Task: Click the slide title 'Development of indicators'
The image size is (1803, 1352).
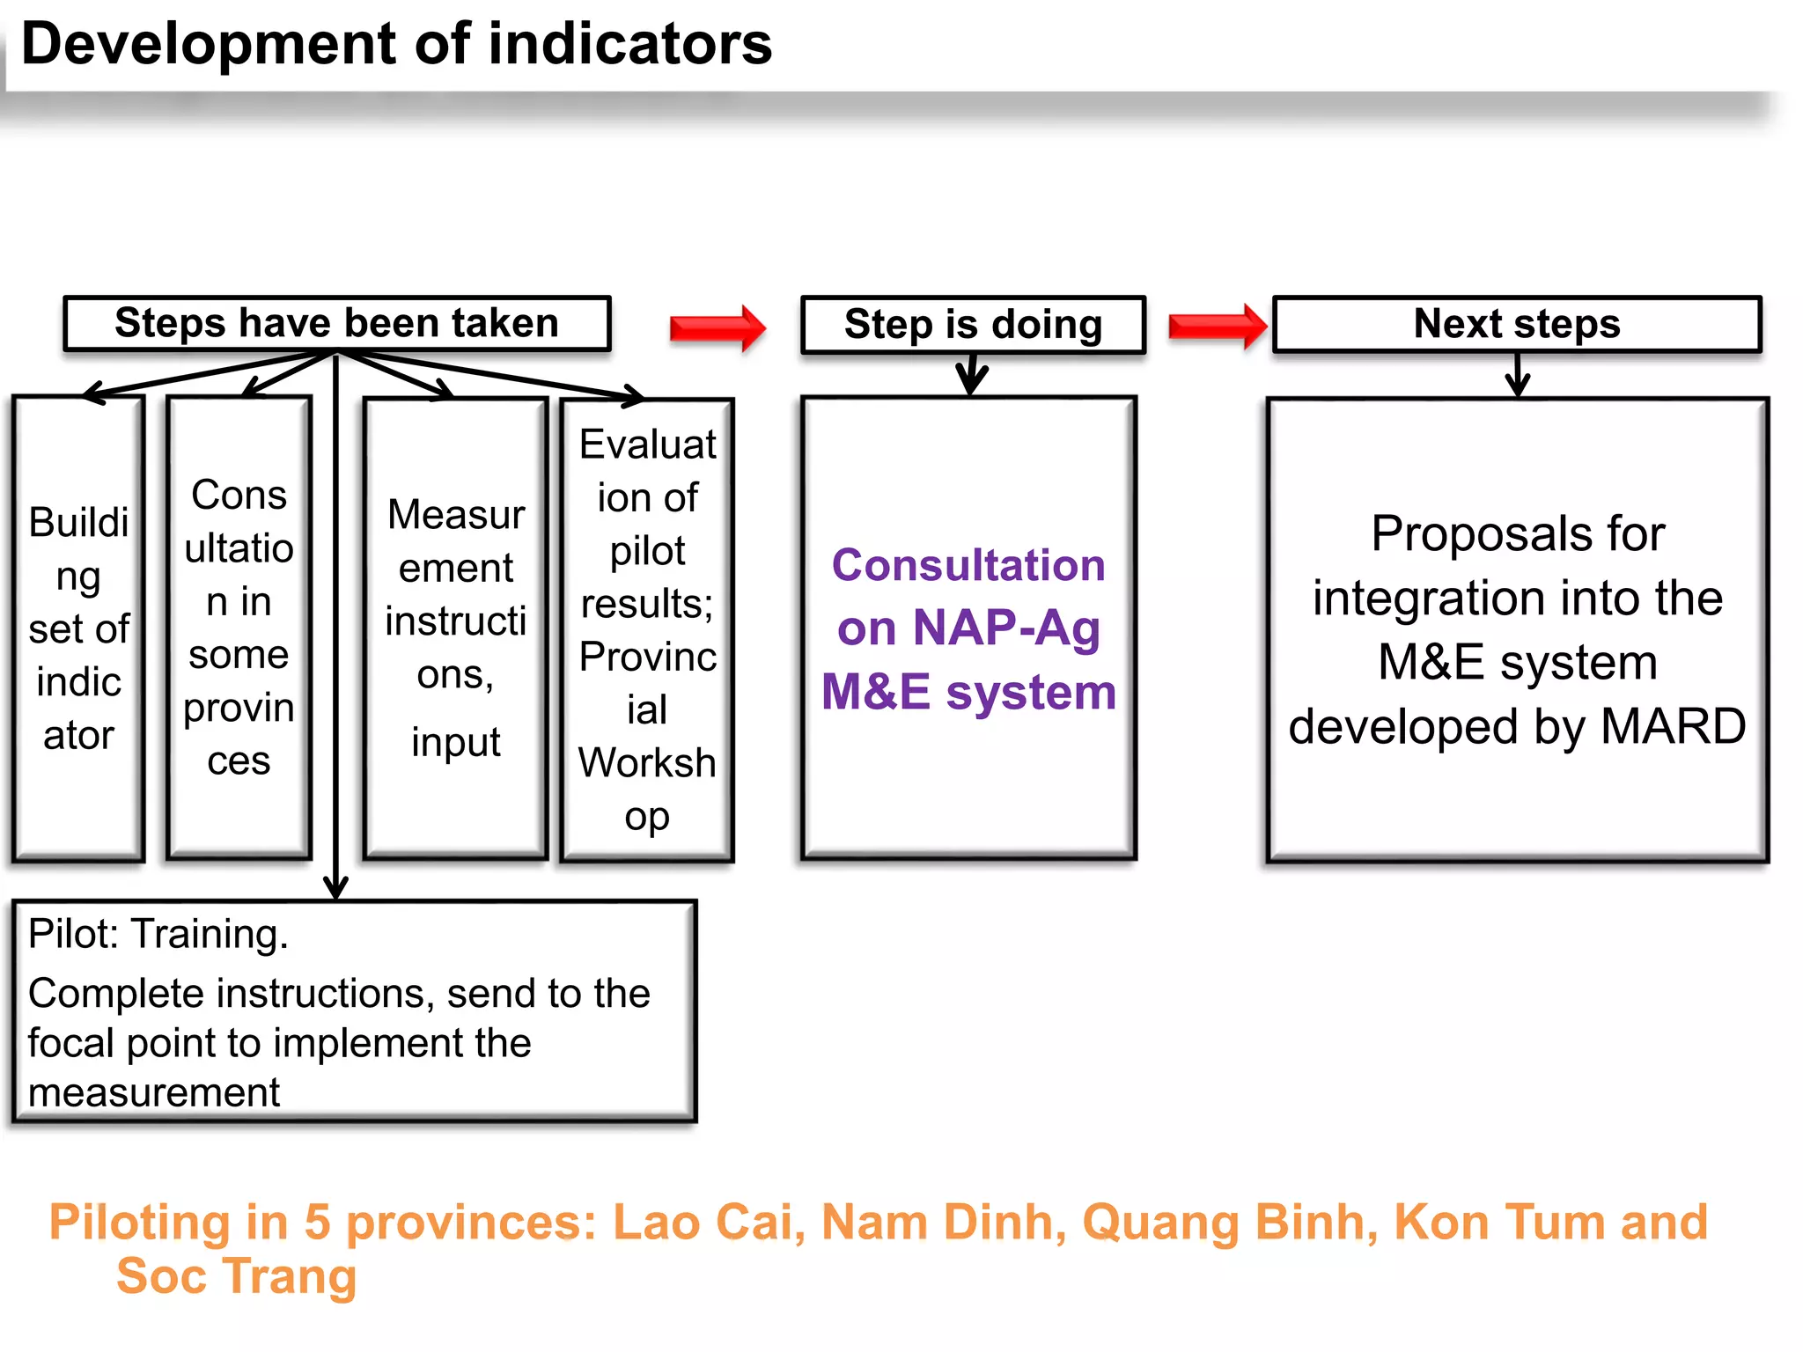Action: pos(396,44)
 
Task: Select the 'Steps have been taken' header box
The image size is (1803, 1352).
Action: pos(336,323)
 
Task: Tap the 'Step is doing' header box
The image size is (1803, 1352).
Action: pos(973,325)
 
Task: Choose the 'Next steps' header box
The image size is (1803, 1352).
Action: pos(1516,324)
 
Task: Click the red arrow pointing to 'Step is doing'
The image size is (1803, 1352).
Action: pos(717,328)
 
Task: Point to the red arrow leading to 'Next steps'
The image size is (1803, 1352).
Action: pos(1217,327)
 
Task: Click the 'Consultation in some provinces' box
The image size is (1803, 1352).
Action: pos(239,628)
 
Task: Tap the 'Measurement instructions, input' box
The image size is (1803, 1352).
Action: pos(455,628)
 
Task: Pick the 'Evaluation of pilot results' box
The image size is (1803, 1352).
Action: pos(647,629)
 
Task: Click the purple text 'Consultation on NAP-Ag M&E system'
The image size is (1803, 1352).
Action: pos(968,628)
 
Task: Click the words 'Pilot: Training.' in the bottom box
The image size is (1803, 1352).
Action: pos(158,934)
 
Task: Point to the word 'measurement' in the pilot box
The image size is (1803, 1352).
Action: pos(154,1093)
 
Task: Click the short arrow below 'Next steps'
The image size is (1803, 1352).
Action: pos(1518,376)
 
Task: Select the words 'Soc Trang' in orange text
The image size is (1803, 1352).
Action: pos(236,1276)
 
